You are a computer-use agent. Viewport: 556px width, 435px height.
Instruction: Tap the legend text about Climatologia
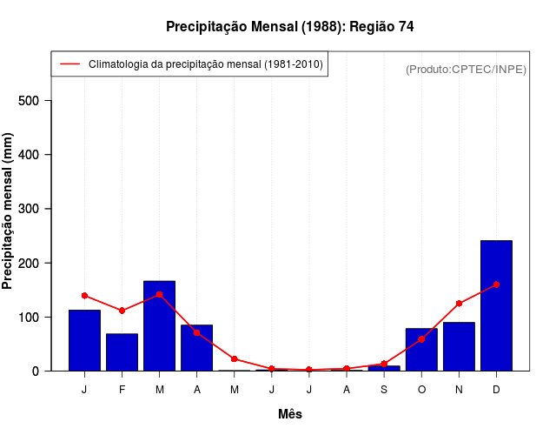click(x=206, y=64)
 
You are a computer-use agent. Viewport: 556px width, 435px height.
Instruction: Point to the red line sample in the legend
click(x=69, y=64)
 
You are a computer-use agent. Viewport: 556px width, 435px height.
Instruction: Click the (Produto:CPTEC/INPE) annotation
click(x=467, y=69)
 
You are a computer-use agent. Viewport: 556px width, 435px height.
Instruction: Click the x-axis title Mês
click(x=290, y=414)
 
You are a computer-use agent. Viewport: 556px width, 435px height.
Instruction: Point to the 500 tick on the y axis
click(x=33, y=101)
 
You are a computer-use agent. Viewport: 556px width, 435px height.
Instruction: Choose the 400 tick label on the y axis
click(x=33, y=155)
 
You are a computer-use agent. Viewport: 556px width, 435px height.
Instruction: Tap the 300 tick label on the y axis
click(x=33, y=209)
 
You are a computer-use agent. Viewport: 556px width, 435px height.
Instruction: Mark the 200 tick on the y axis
click(x=33, y=263)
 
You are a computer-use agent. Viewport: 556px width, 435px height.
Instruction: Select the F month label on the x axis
click(x=122, y=389)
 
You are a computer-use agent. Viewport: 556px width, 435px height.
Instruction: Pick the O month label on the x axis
click(x=421, y=389)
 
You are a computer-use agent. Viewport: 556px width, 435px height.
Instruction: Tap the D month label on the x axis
click(x=496, y=389)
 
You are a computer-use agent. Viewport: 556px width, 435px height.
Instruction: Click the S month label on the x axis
click(x=384, y=389)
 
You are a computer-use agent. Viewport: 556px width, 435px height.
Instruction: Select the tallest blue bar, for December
click(x=496, y=305)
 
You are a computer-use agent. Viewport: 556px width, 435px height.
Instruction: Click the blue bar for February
click(x=122, y=352)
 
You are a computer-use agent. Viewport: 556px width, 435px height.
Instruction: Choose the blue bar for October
click(x=421, y=350)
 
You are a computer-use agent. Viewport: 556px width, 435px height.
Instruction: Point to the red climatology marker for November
click(x=459, y=304)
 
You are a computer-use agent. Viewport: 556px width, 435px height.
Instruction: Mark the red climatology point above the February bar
click(x=122, y=311)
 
